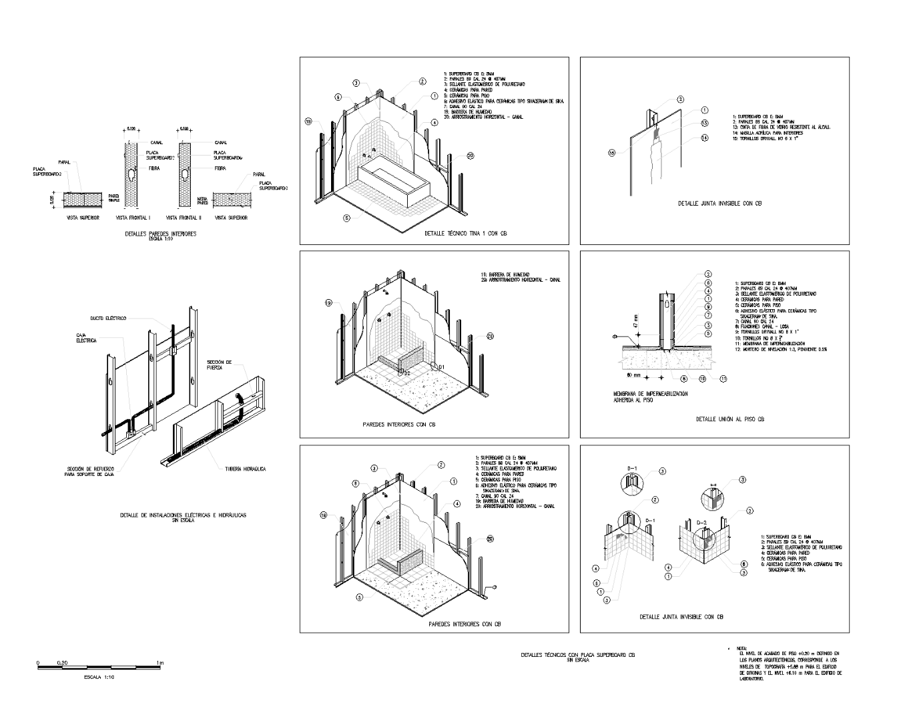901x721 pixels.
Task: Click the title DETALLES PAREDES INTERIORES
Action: (160, 234)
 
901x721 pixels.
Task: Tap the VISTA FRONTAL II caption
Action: (184, 218)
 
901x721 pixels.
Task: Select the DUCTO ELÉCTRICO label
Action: (108, 318)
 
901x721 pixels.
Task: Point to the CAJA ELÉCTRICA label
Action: (86, 338)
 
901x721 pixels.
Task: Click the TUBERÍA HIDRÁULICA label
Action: (246, 469)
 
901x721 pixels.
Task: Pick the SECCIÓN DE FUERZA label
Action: (219, 364)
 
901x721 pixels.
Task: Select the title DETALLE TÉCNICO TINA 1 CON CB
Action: (461, 234)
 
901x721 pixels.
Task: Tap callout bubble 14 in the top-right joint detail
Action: (704, 138)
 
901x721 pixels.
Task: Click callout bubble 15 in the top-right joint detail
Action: (613, 153)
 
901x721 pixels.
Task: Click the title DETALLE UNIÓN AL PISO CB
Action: (729, 419)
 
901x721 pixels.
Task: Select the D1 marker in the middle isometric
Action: (440, 366)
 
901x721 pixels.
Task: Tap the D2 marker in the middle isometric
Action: (406, 373)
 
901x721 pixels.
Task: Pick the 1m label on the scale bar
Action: (160, 662)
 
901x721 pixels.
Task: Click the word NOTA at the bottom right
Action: (741, 648)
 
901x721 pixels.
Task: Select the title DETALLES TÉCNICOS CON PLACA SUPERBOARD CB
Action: (577, 655)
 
